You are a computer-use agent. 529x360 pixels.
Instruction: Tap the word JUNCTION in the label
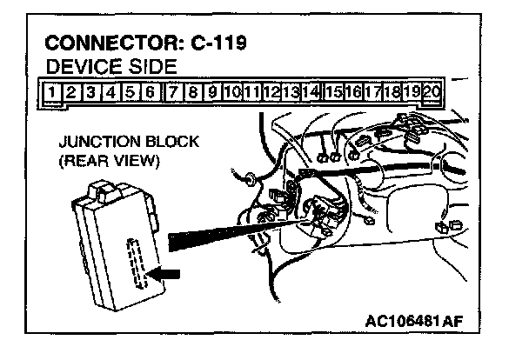[92, 142]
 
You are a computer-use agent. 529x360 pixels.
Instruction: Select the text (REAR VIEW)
[99, 160]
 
